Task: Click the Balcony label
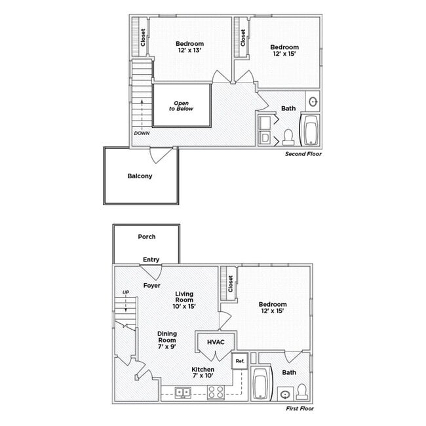(140, 176)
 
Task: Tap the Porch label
(146, 237)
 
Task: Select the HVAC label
(216, 342)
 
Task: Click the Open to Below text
(181, 106)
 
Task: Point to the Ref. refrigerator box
(239, 360)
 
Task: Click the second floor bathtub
(310, 130)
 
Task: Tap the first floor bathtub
(260, 383)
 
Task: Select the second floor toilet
(288, 137)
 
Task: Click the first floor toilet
(301, 392)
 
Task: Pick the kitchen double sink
(183, 393)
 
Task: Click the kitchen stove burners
(216, 393)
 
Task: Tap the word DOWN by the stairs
(142, 133)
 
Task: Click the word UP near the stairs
(125, 293)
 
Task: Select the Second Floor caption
(303, 154)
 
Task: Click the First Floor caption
(300, 408)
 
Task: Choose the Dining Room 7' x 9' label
(167, 339)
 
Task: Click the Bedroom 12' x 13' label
(190, 47)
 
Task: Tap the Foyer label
(152, 285)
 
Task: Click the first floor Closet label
(231, 283)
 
